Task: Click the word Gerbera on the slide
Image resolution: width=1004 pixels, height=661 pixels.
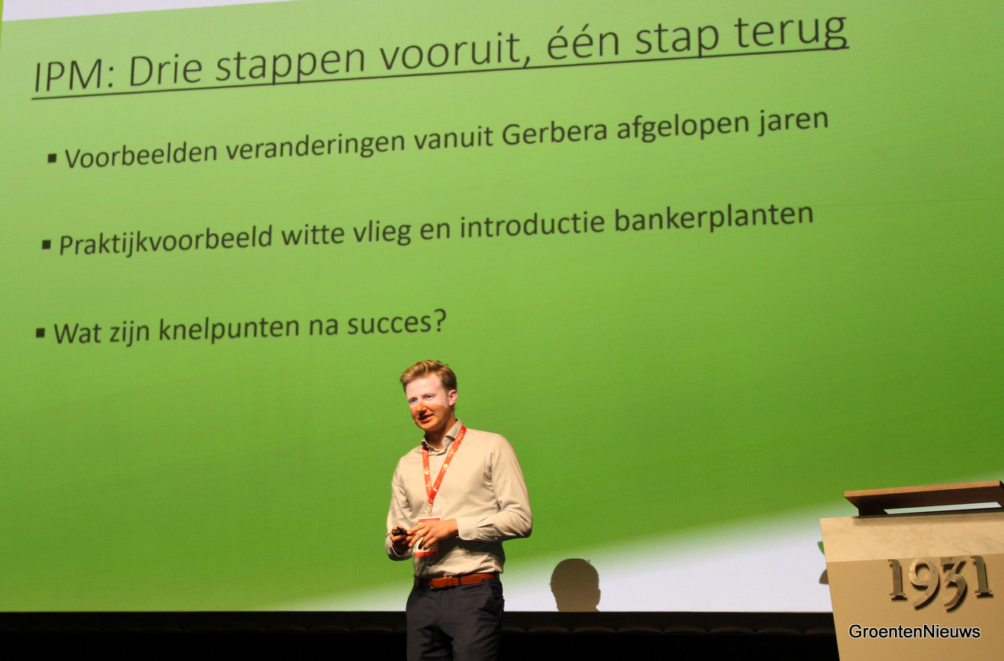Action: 555,133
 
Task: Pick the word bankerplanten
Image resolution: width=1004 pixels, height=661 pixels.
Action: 714,218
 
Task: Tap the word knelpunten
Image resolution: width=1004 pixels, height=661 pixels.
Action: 229,329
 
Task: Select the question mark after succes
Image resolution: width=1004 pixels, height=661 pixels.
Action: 440,320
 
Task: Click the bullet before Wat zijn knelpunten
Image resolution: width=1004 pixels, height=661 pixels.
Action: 41,333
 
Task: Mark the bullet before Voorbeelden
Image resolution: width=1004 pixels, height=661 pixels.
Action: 52,158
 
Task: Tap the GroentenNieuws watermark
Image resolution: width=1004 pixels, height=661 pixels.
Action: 915,632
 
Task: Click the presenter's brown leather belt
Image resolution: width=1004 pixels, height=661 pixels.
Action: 457,580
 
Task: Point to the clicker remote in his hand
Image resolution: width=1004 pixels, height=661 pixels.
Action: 398,531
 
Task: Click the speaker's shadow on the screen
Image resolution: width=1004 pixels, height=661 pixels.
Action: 576,584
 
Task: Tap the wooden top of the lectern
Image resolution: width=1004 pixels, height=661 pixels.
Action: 924,495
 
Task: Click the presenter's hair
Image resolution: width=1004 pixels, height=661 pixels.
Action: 429,374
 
